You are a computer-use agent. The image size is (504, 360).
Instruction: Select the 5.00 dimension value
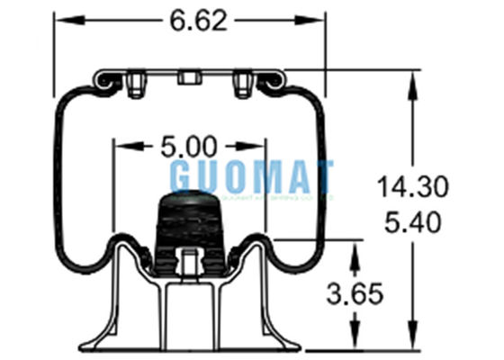190,144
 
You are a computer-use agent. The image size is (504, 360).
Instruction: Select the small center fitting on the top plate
189,77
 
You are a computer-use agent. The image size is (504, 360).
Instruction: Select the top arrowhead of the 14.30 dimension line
413,78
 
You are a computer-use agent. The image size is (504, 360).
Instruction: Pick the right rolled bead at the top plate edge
270,82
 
